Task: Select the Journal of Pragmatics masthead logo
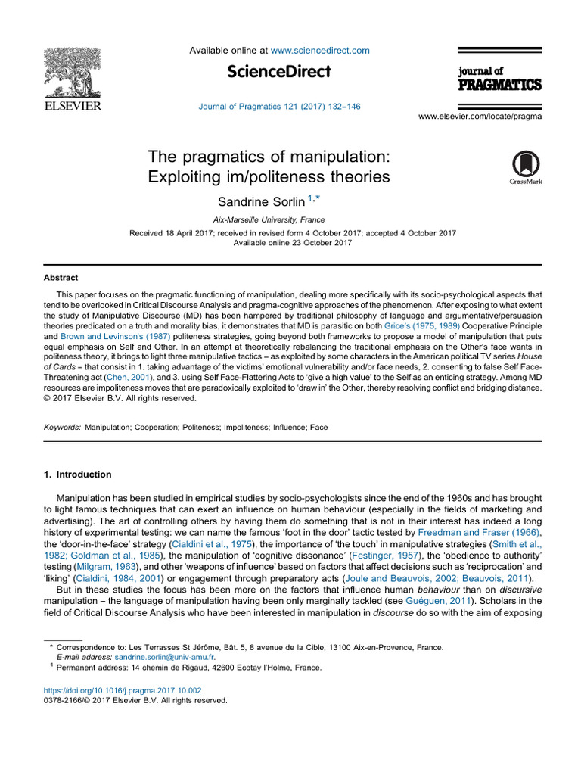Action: tap(499, 78)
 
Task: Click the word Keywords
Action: tap(61, 427)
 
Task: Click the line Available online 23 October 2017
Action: tap(292, 242)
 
